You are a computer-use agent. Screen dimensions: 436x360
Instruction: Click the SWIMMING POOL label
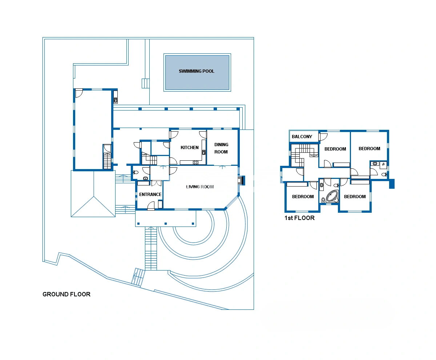pyautogui.click(x=197, y=71)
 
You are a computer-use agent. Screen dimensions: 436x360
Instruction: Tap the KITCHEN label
pyautogui.click(x=189, y=148)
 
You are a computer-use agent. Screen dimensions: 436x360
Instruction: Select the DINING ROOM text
pyautogui.click(x=221, y=148)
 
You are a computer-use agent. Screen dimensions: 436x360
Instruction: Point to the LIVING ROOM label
pyautogui.click(x=200, y=187)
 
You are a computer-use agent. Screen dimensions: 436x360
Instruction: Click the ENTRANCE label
pyautogui.click(x=150, y=195)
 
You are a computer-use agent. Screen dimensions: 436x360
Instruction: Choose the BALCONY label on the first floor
pyautogui.click(x=302, y=137)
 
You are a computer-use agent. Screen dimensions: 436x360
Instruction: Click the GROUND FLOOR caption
pyautogui.click(x=66, y=294)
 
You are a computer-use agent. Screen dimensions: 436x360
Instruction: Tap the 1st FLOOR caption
pyautogui.click(x=299, y=218)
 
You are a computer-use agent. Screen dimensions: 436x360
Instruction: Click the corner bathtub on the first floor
pyautogui.click(x=332, y=196)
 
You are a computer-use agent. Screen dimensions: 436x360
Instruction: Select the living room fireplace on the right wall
pyautogui.click(x=241, y=180)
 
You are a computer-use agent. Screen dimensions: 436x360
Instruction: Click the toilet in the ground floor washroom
pyautogui.click(x=136, y=172)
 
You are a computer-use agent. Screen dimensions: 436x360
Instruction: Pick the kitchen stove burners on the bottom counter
pyautogui.click(x=196, y=162)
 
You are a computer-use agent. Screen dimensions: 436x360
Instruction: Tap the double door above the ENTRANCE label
pyautogui.click(x=156, y=183)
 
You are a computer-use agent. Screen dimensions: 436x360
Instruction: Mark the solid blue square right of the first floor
pyautogui.click(x=392, y=184)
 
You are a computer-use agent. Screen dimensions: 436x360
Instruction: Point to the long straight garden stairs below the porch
pyautogui.click(x=151, y=249)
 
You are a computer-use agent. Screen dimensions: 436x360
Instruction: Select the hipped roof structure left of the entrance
pyautogui.click(x=93, y=193)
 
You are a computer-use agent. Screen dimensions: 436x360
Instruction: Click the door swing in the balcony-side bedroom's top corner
pyautogui.click(x=323, y=137)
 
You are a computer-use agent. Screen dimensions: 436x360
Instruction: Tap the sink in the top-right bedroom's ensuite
pyautogui.click(x=375, y=164)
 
